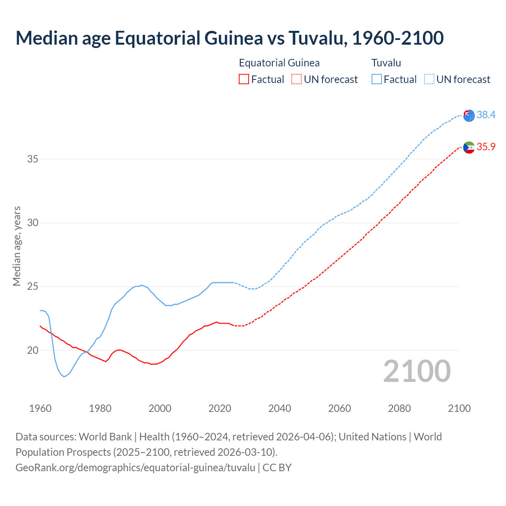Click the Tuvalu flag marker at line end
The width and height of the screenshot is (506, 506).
coord(469,115)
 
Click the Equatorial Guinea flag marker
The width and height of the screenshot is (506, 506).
coord(469,147)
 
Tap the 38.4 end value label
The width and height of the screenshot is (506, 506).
coord(486,115)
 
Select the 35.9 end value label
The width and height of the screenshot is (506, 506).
coord(486,147)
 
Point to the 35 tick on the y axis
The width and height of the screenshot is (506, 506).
coord(32,159)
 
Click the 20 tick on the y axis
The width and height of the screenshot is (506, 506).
coord(32,350)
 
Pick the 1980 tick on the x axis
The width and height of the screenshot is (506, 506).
coord(100,408)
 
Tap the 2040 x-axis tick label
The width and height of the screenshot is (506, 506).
coord(279,408)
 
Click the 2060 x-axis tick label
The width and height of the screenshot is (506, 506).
coord(340,408)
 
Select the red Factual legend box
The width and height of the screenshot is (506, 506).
coord(244,79)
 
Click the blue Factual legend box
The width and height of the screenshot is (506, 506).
coord(377,79)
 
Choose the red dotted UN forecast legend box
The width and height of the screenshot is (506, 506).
coord(296,79)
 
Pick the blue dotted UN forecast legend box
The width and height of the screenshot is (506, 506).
coord(429,79)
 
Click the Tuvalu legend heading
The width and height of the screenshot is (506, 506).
coord(386,63)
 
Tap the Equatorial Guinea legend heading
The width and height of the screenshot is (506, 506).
coord(279,63)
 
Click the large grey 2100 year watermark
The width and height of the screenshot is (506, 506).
coord(417,371)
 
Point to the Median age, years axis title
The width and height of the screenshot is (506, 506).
coord(17,246)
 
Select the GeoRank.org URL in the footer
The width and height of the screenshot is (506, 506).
coord(135,468)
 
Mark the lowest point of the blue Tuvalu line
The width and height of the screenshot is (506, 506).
coord(64,377)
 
